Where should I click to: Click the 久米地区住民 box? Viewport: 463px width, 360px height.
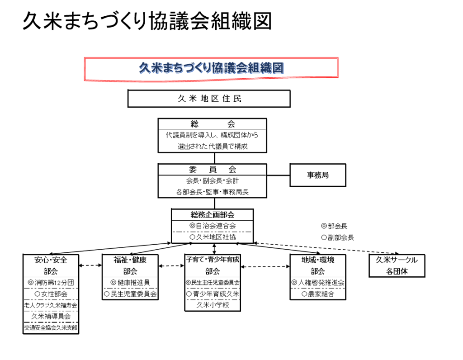[x=209, y=99]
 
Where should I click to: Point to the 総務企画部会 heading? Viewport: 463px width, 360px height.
[x=213, y=214]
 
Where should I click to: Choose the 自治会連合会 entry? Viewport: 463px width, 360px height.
[x=213, y=225]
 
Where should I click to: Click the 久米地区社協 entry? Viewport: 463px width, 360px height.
[x=213, y=237]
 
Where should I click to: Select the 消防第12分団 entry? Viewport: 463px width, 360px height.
[x=51, y=282]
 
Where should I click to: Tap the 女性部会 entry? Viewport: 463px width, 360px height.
[x=51, y=294]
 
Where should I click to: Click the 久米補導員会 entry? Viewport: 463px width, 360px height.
[x=51, y=316]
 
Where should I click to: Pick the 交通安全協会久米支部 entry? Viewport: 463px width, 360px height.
[x=51, y=327]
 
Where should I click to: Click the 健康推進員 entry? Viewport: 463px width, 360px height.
[x=130, y=282]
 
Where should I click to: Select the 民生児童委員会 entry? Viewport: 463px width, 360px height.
[x=130, y=294]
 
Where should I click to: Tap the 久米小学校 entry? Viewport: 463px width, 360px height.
[x=213, y=305]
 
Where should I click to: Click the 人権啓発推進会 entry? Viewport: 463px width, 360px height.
[x=318, y=282]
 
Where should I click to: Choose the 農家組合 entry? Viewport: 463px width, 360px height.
[x=318, y=294]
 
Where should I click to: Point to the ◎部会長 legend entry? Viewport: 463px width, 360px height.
[x=334, y=226]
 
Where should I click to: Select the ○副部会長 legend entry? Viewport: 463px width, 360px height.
[x=337, y=237]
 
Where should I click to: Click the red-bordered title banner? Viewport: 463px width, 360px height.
[x=211, y=69]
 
